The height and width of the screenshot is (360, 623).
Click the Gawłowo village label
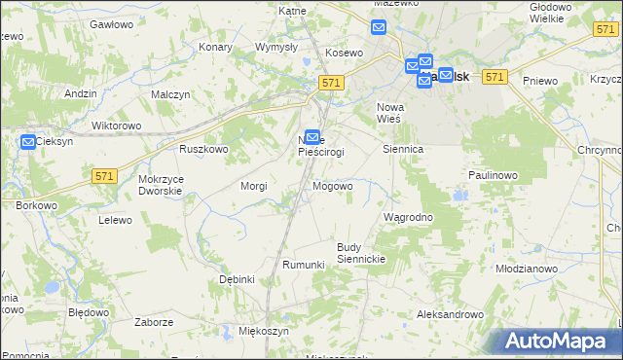click(x=110, y=22)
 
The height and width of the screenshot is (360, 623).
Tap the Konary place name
click(x=215, y=46)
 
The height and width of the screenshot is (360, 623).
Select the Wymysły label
click(x=275, y=47)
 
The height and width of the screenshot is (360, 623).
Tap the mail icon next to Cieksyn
click(x=28, y=141)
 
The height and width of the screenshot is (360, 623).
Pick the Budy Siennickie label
click(x=362, y=253)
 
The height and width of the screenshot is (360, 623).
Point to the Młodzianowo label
click(x=526, y=268)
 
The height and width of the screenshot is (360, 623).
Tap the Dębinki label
click(x=237, y=279)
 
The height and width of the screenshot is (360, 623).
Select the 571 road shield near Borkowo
click(x=106, y=175)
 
